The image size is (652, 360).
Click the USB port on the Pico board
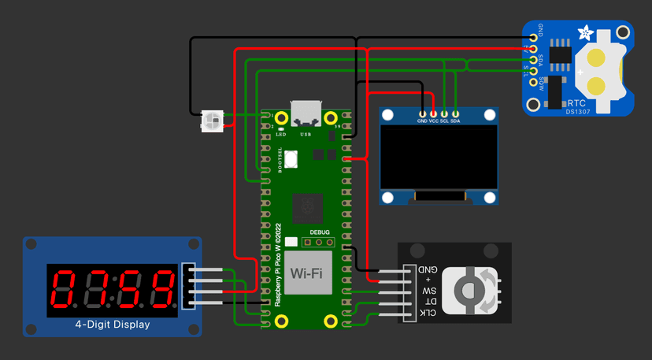(x=306, y=113)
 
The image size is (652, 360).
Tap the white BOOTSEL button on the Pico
(x=291, y=158)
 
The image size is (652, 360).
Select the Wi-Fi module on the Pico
(x=308, y=274)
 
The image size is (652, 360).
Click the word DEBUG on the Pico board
(x=320, y=232)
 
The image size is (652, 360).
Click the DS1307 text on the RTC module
(x=576, y=111)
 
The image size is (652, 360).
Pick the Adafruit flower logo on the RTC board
(x=586, y=33)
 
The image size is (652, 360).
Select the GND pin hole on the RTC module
(x=534, y=36)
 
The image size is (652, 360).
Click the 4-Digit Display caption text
(x=112, y=325)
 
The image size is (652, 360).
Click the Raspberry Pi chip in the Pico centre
(x=308, y=208)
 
